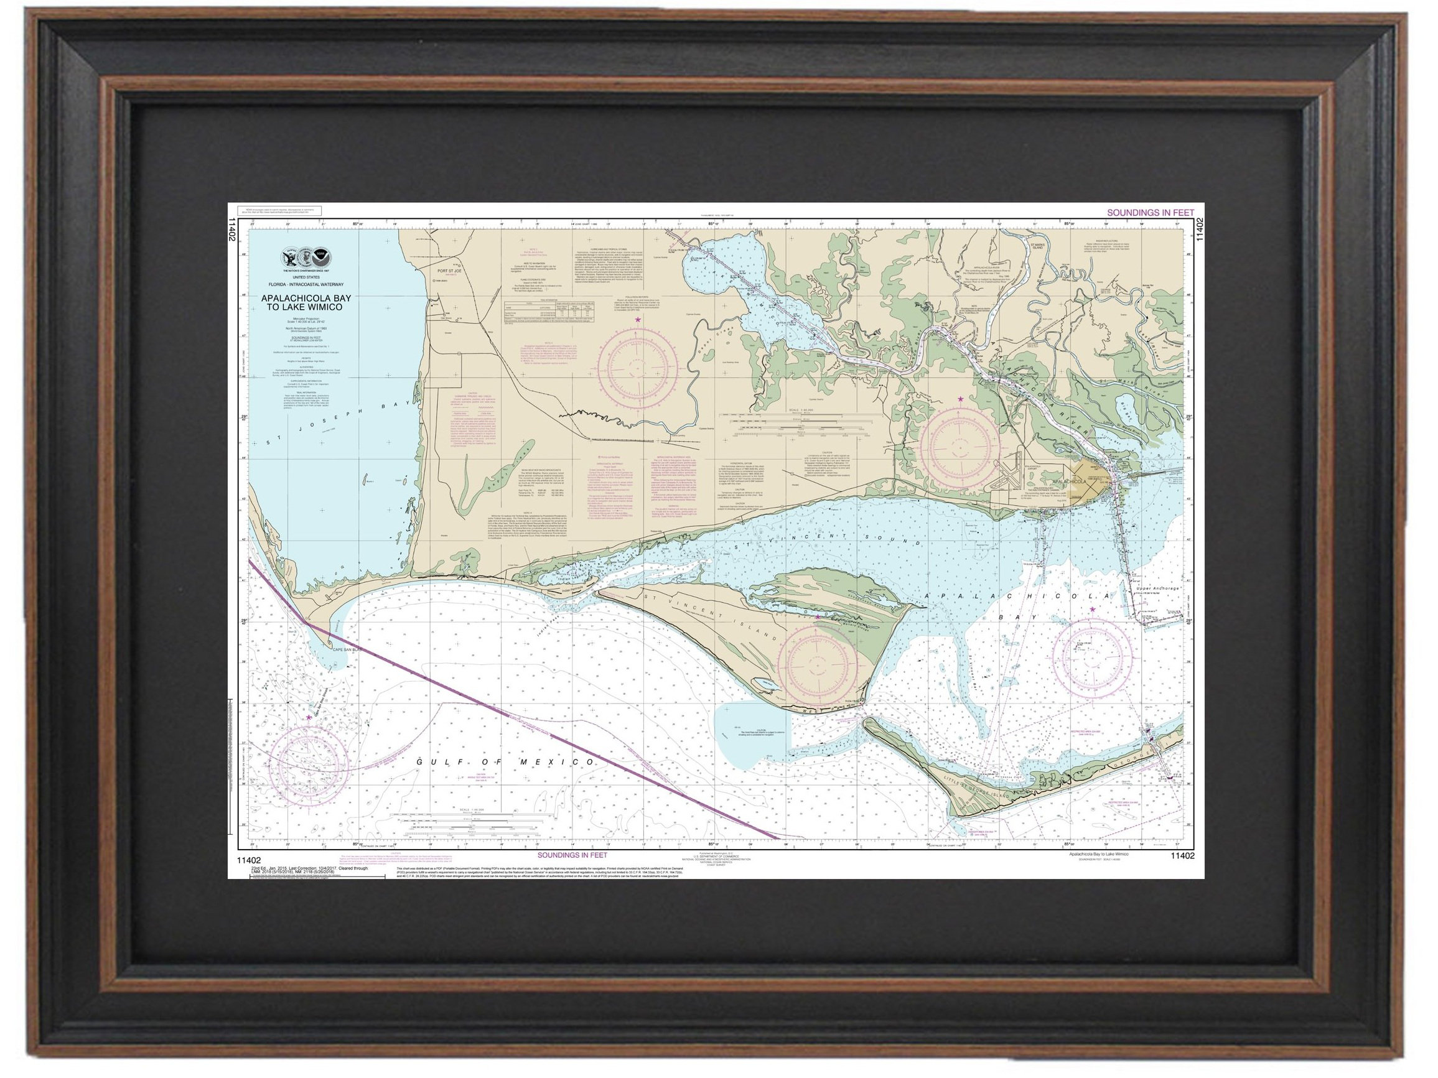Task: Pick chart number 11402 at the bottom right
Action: point(1182,856)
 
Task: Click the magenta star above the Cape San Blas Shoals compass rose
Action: point(308,717)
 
